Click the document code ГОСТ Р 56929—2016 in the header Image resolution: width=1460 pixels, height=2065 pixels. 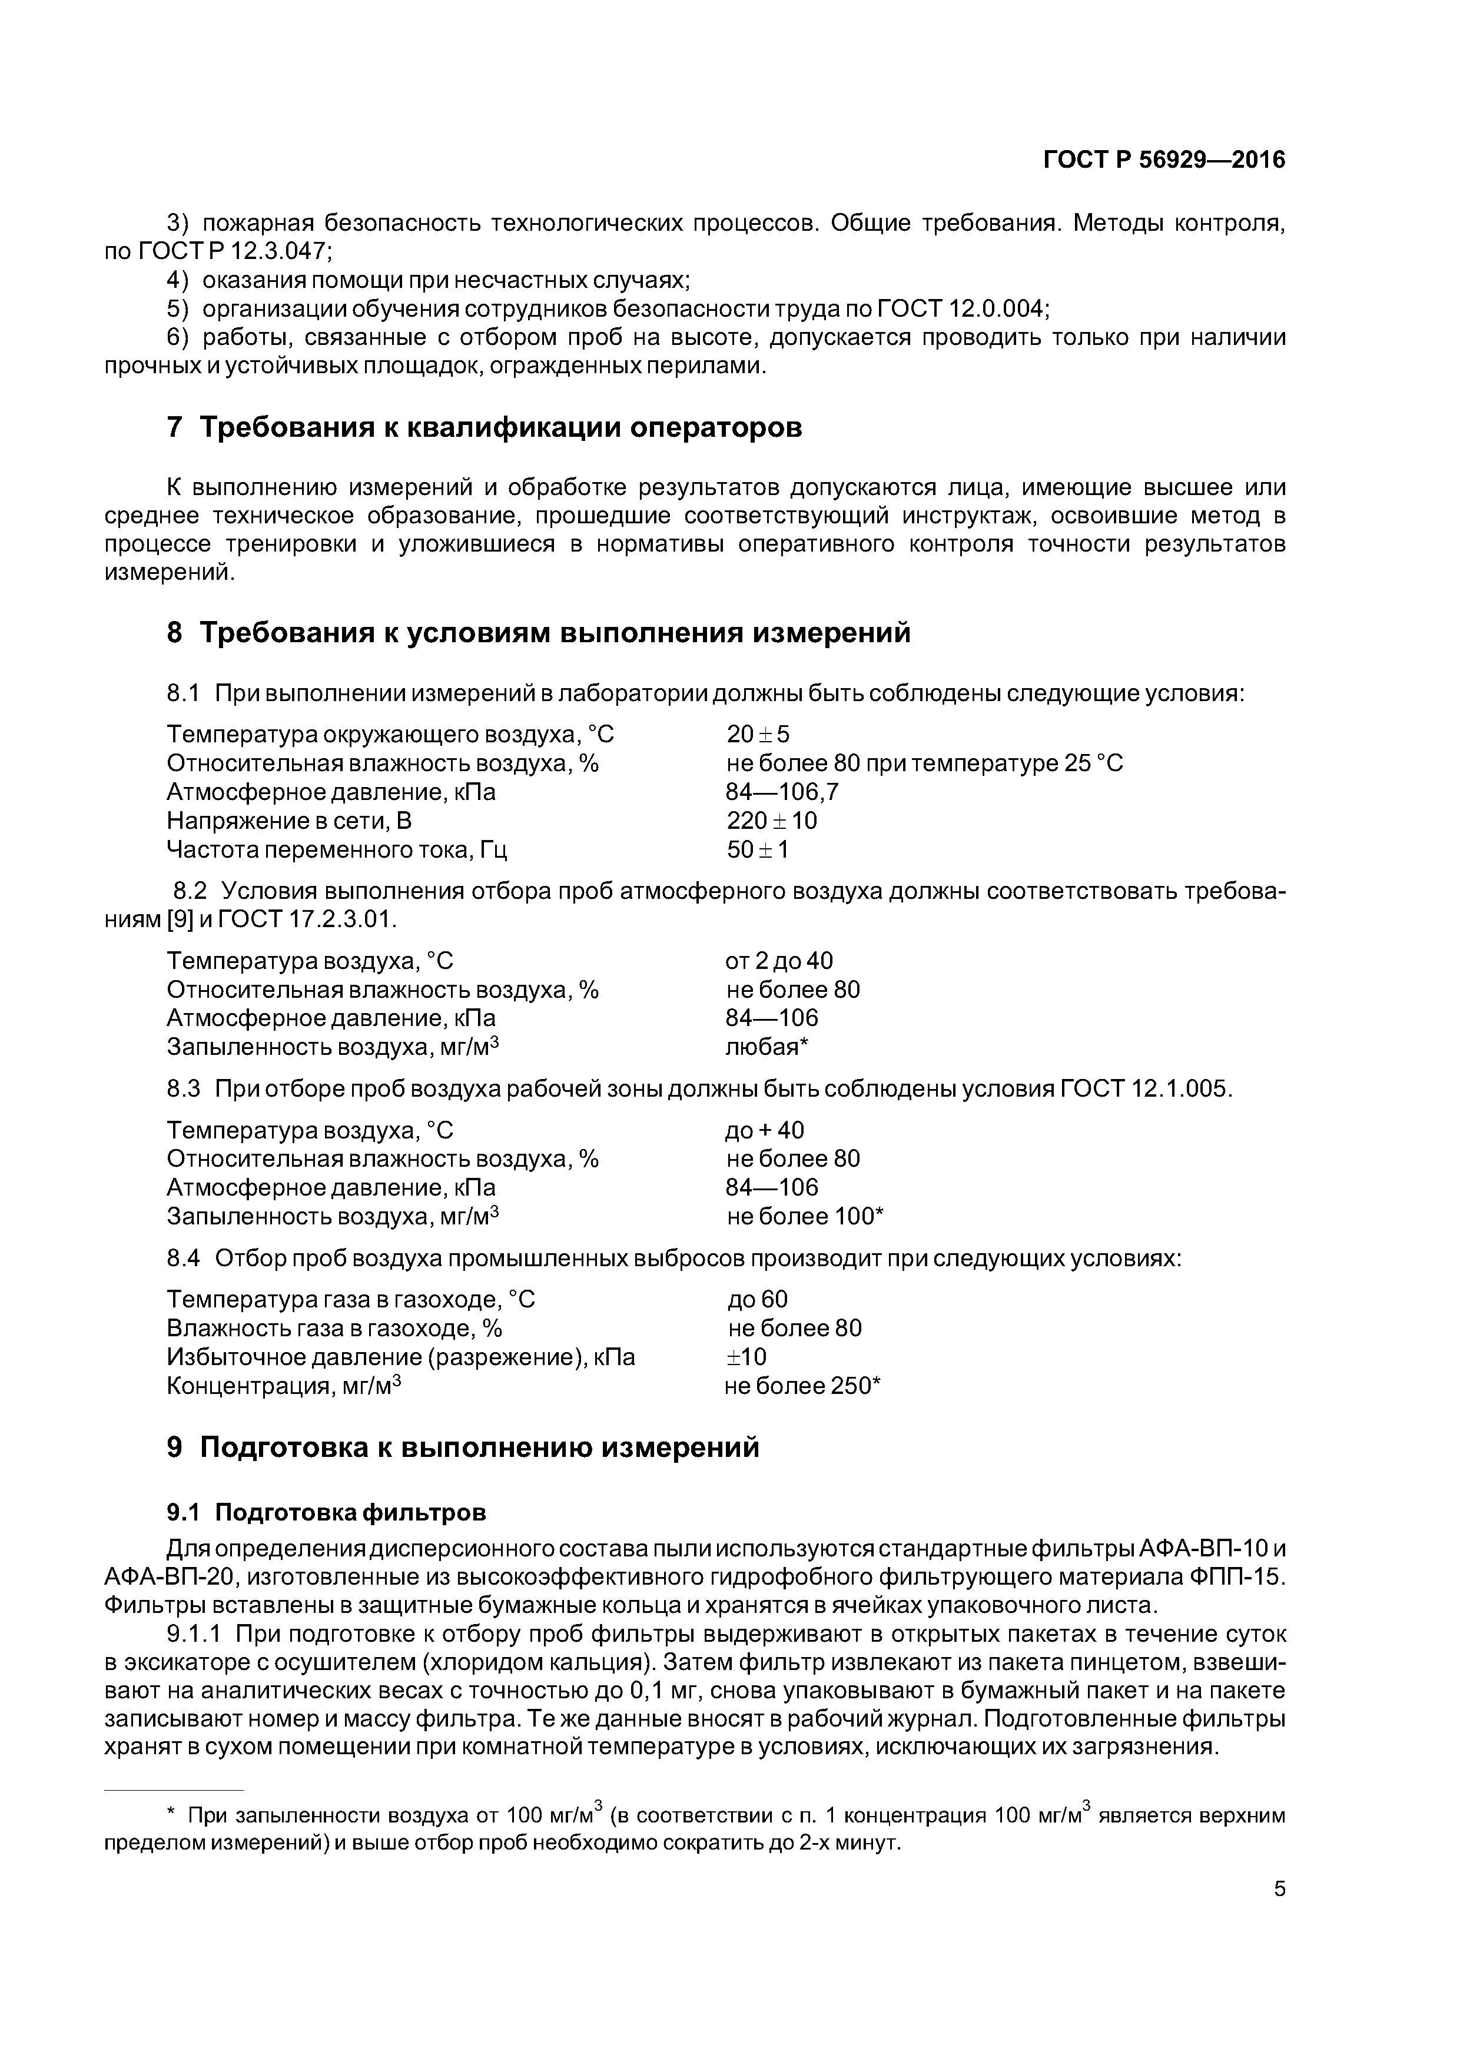pyautogui.click(x=1164, y=160)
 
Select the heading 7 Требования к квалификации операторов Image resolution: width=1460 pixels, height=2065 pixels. pyautogui.click(x=484, y=427)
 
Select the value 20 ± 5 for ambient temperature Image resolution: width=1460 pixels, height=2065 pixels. pyautogui.click(x=758, y=735)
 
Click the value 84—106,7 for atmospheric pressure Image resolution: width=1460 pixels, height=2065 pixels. pyautogui.click(x=782, y=792)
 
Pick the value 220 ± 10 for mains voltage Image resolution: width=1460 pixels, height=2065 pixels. pyautogui.click(x=772, y=821)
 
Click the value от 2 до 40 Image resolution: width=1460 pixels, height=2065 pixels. pyautogui.click(x=779, y=961)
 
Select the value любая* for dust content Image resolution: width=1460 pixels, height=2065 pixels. pyautogui.click(x=767, y=1047)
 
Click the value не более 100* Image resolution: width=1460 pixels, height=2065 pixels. pyautogui.click(x=805, y=1216)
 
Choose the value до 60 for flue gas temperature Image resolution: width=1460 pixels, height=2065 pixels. pyautogui.click(x=758, y=1299)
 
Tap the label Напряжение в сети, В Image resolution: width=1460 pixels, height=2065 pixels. pyautogui.click(x=290, y=821)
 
